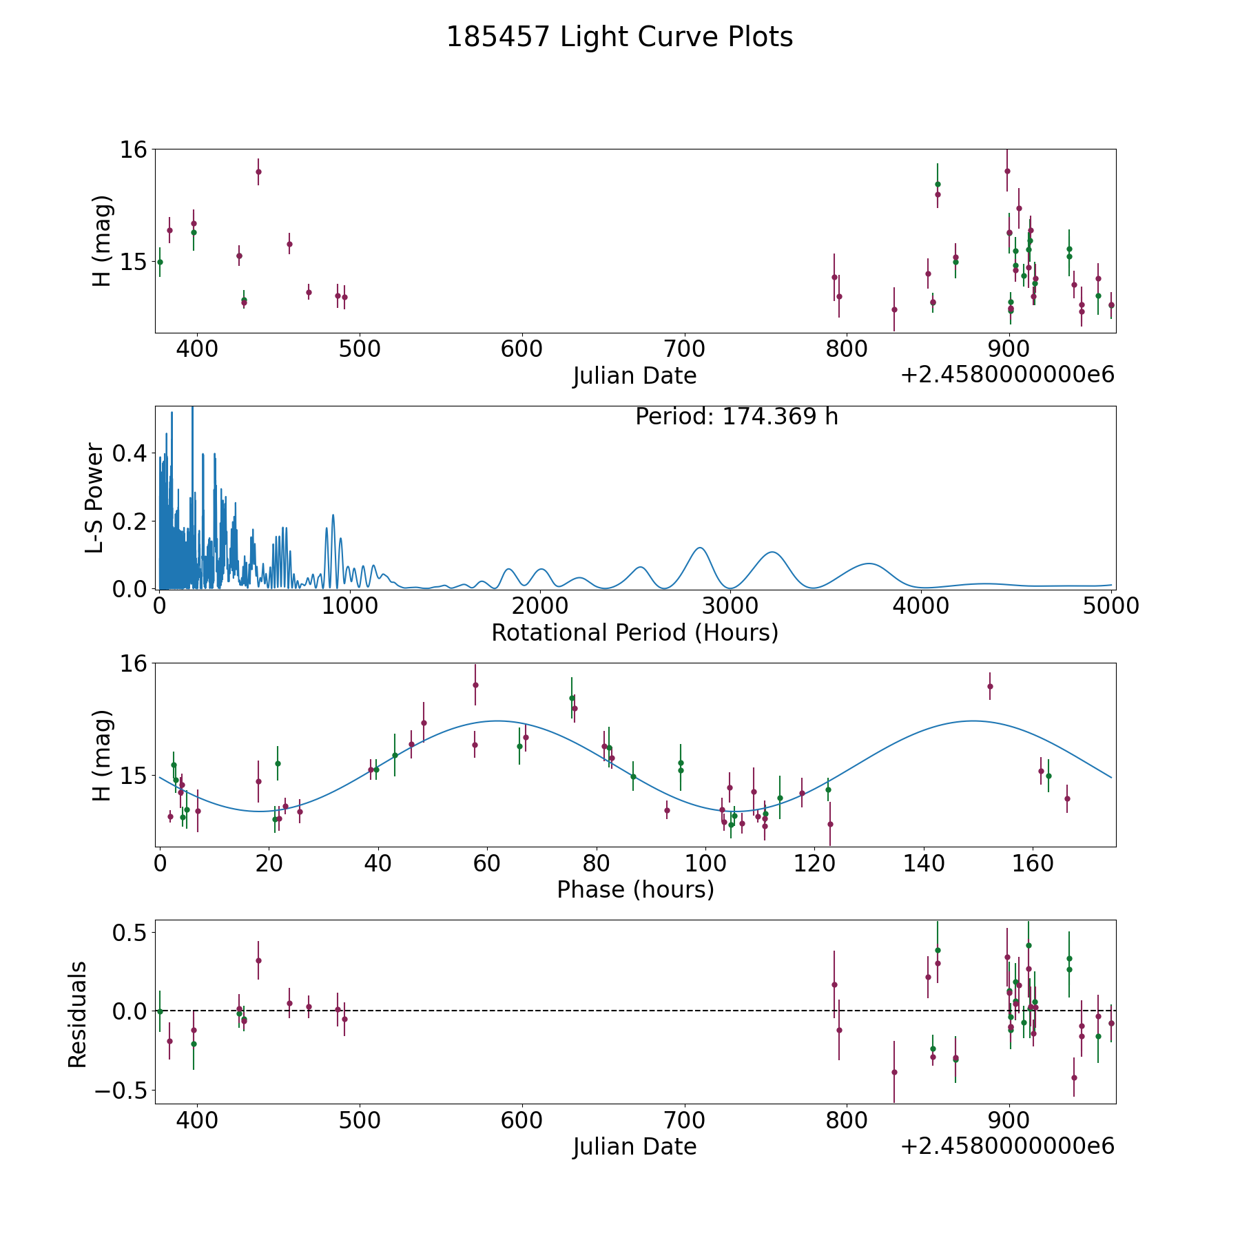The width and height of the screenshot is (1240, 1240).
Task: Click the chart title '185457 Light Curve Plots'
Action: [619, 37]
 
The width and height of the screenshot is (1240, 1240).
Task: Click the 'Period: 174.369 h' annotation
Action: [736, 417]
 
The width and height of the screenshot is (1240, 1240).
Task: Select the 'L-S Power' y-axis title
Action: [95, 497]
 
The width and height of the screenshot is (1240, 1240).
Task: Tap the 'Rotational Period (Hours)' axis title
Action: [634, 632]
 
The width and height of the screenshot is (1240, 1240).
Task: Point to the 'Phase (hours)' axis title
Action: [635, 889]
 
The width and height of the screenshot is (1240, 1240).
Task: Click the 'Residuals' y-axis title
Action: [78, 1014]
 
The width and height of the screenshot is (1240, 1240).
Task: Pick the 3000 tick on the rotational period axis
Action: [730, 606]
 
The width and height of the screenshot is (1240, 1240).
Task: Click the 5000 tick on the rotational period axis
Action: [1111, 606]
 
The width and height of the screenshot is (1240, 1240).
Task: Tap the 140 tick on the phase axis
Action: [924, 863]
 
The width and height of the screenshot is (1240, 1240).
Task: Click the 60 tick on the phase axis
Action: [487, 863]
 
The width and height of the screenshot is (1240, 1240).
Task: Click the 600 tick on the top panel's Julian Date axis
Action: [521, 349]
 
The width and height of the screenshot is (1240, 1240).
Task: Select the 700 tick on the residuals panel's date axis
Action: [684, 1120]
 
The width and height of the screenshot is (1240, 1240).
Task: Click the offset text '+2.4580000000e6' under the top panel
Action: [1007, 375]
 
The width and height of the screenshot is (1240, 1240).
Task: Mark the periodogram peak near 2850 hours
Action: [700, 548]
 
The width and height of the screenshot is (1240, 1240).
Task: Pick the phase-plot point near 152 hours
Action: [990, 686]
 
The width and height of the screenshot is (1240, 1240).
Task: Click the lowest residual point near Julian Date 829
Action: [894, 1072]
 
